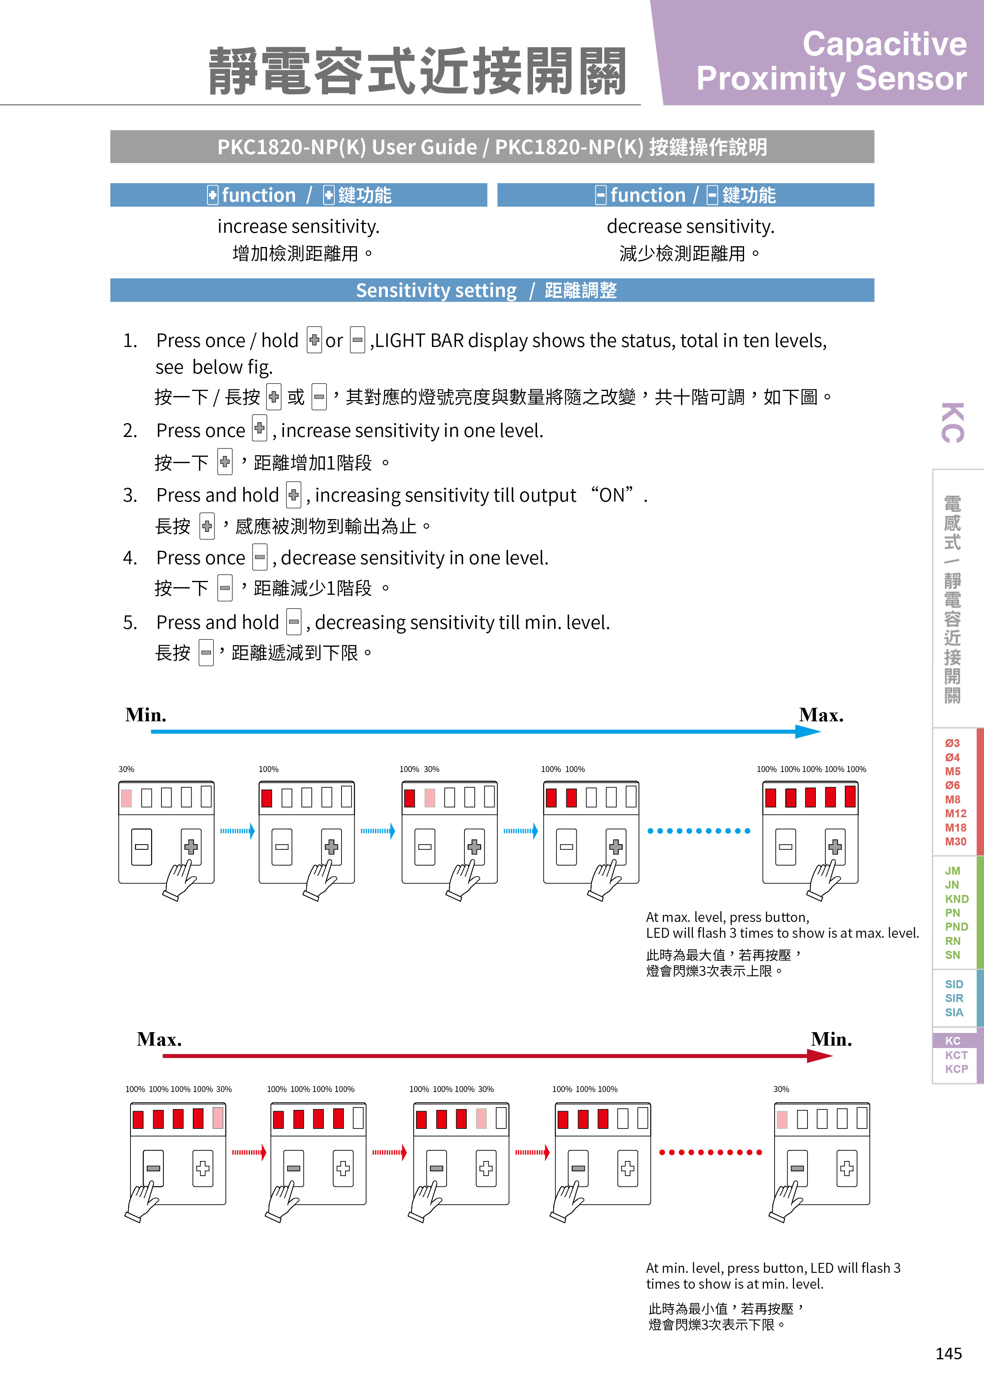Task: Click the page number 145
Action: [x=948, y=1353]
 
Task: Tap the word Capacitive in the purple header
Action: [x=884, y=44]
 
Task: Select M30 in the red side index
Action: [x=955, y=841]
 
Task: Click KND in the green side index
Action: [x=957, y=899]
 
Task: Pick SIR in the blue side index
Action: [x=954, y=998]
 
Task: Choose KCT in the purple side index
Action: [x=956, y=1055]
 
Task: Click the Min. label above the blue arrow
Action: [x=146, y=715]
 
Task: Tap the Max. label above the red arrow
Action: [x=159, y=1039]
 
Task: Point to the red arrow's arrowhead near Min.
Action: [x=821, y=1056]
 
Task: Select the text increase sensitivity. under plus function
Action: [x=298, y=226]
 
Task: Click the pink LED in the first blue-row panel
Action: [x=126, y=798]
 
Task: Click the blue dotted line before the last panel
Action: [x=698, y=831]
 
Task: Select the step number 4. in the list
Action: [x=130, y=558]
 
